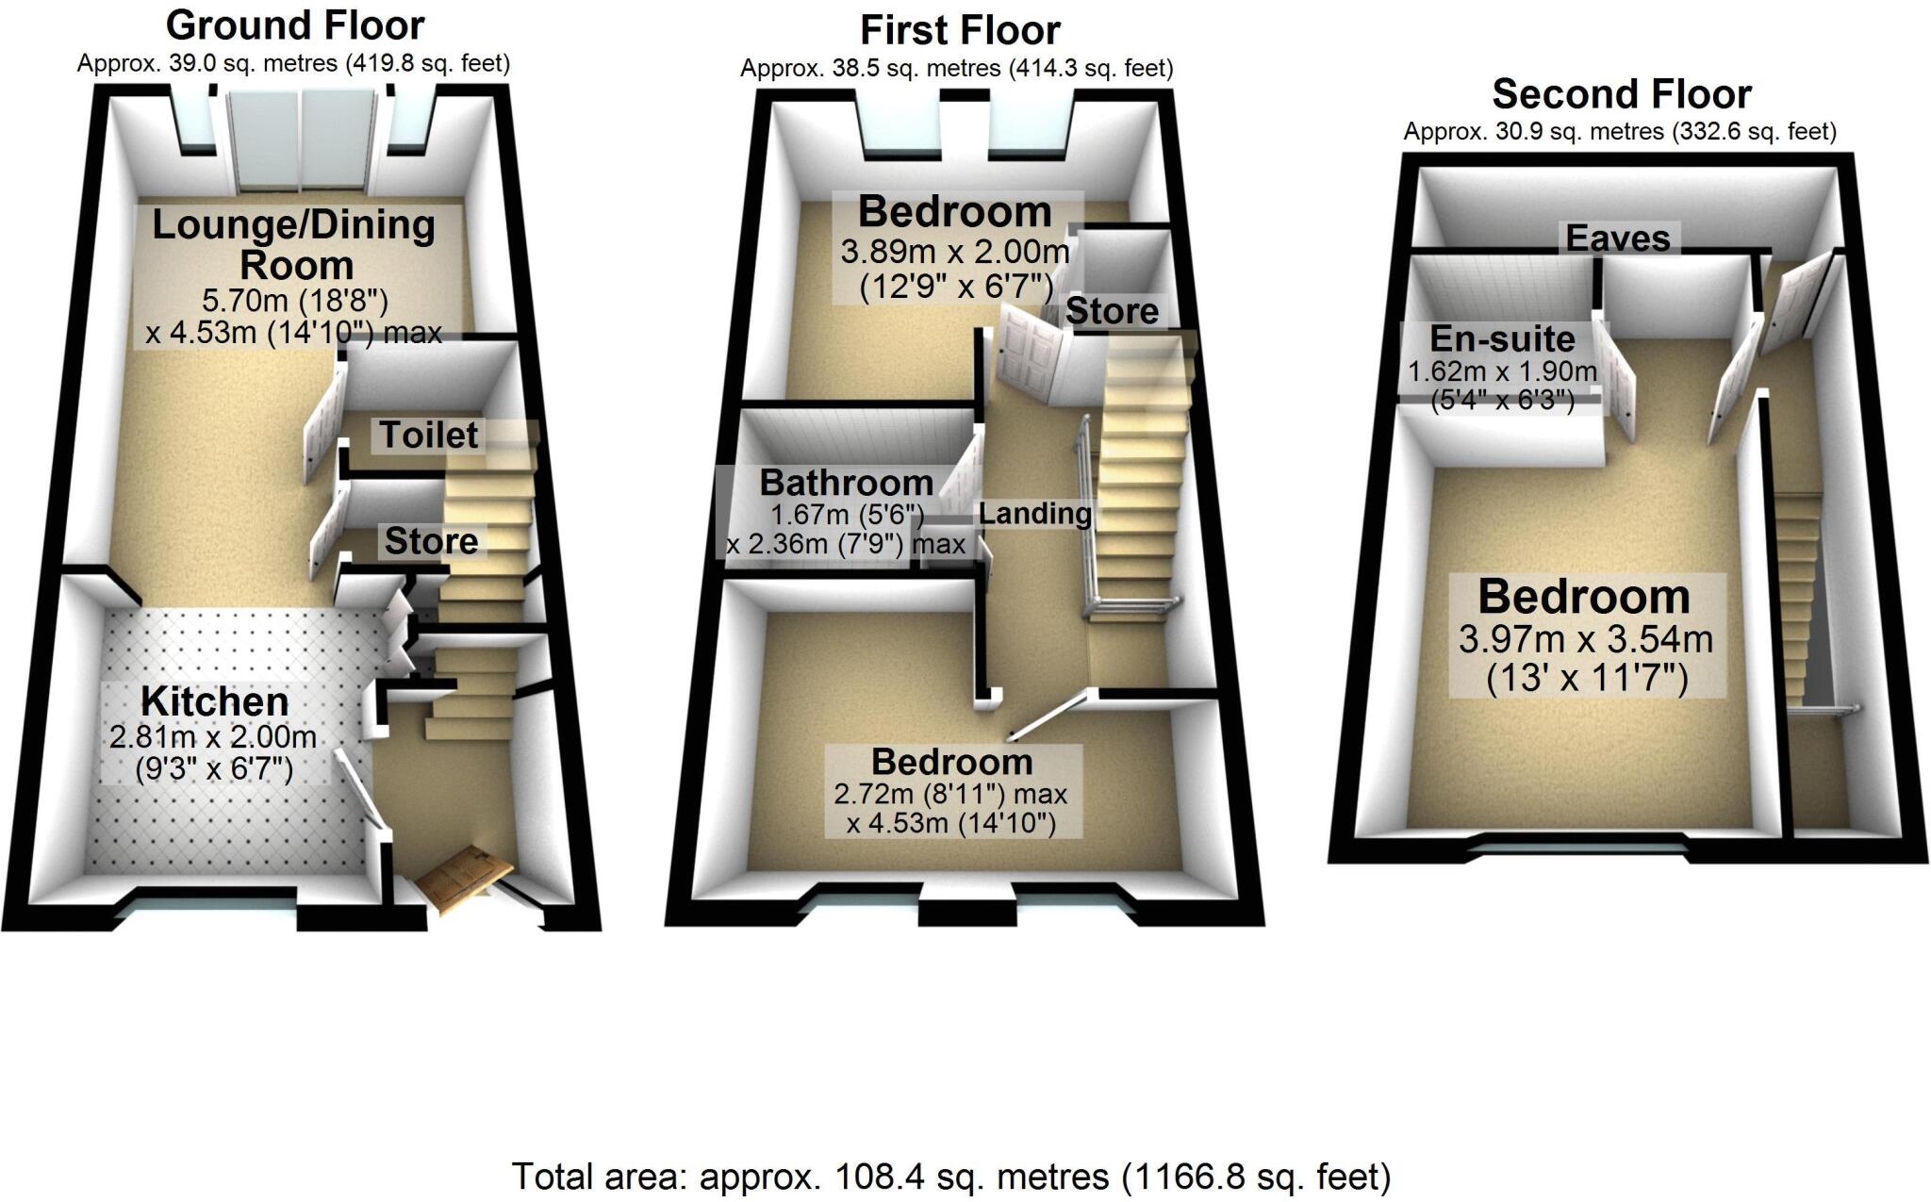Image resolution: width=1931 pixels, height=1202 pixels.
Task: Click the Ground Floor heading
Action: pyautogui.click(x=295, y=25)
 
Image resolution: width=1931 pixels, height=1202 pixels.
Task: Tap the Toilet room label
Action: pyautogui.click(x=429, y=436)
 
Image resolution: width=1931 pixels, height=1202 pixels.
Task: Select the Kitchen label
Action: pyautogui.click(x=215, y=702)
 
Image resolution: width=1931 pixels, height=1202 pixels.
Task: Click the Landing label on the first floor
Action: pyautogui.click(x=1034, y=514)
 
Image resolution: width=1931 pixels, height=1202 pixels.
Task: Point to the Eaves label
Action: pyautogui.click(x=1618, y=239)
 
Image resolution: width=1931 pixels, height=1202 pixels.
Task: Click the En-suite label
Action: pyautogui.click(x=1502, y=338)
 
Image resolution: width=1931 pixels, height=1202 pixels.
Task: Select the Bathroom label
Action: pyautogui.click(x=846, y=484)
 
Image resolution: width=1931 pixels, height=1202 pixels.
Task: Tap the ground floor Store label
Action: pyautogui.click(x=431, y=541)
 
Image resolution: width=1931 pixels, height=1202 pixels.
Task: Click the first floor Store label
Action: pyautogui.click(x=1112, y=311)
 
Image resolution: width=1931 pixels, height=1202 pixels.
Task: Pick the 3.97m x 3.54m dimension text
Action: pyautogui.click(x=1585, y=640)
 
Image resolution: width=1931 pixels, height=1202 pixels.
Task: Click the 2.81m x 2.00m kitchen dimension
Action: pyautogui.click(x=213, y=736)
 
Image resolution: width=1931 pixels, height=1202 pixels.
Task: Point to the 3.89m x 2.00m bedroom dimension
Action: pyautogui.click(x=954, y=253)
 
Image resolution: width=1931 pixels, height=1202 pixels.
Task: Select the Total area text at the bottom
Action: pyautogui.click(x=950, y=1177)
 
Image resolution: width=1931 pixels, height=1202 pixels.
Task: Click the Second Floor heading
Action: pyautogui.click(x=1621, y=94)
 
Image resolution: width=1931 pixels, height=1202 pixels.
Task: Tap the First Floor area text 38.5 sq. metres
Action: pyautogui.click(x=956, y=69)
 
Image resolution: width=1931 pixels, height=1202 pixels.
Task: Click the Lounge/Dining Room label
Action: pyautogui.click(x=294, y=244)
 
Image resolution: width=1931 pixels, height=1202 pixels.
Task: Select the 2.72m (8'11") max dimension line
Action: pyautogui.click(x=950, y=795)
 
